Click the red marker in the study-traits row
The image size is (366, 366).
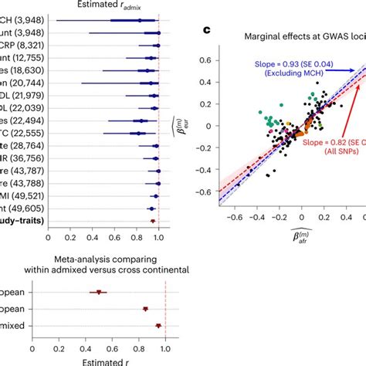153,221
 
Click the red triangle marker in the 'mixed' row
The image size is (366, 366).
158,326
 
